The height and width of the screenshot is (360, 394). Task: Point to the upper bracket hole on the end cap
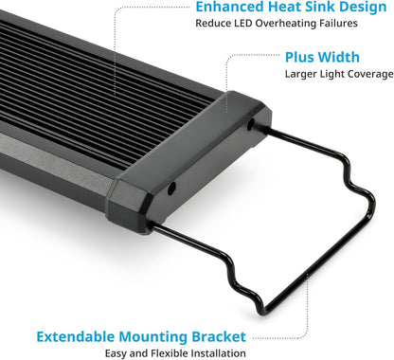[250, 125]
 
